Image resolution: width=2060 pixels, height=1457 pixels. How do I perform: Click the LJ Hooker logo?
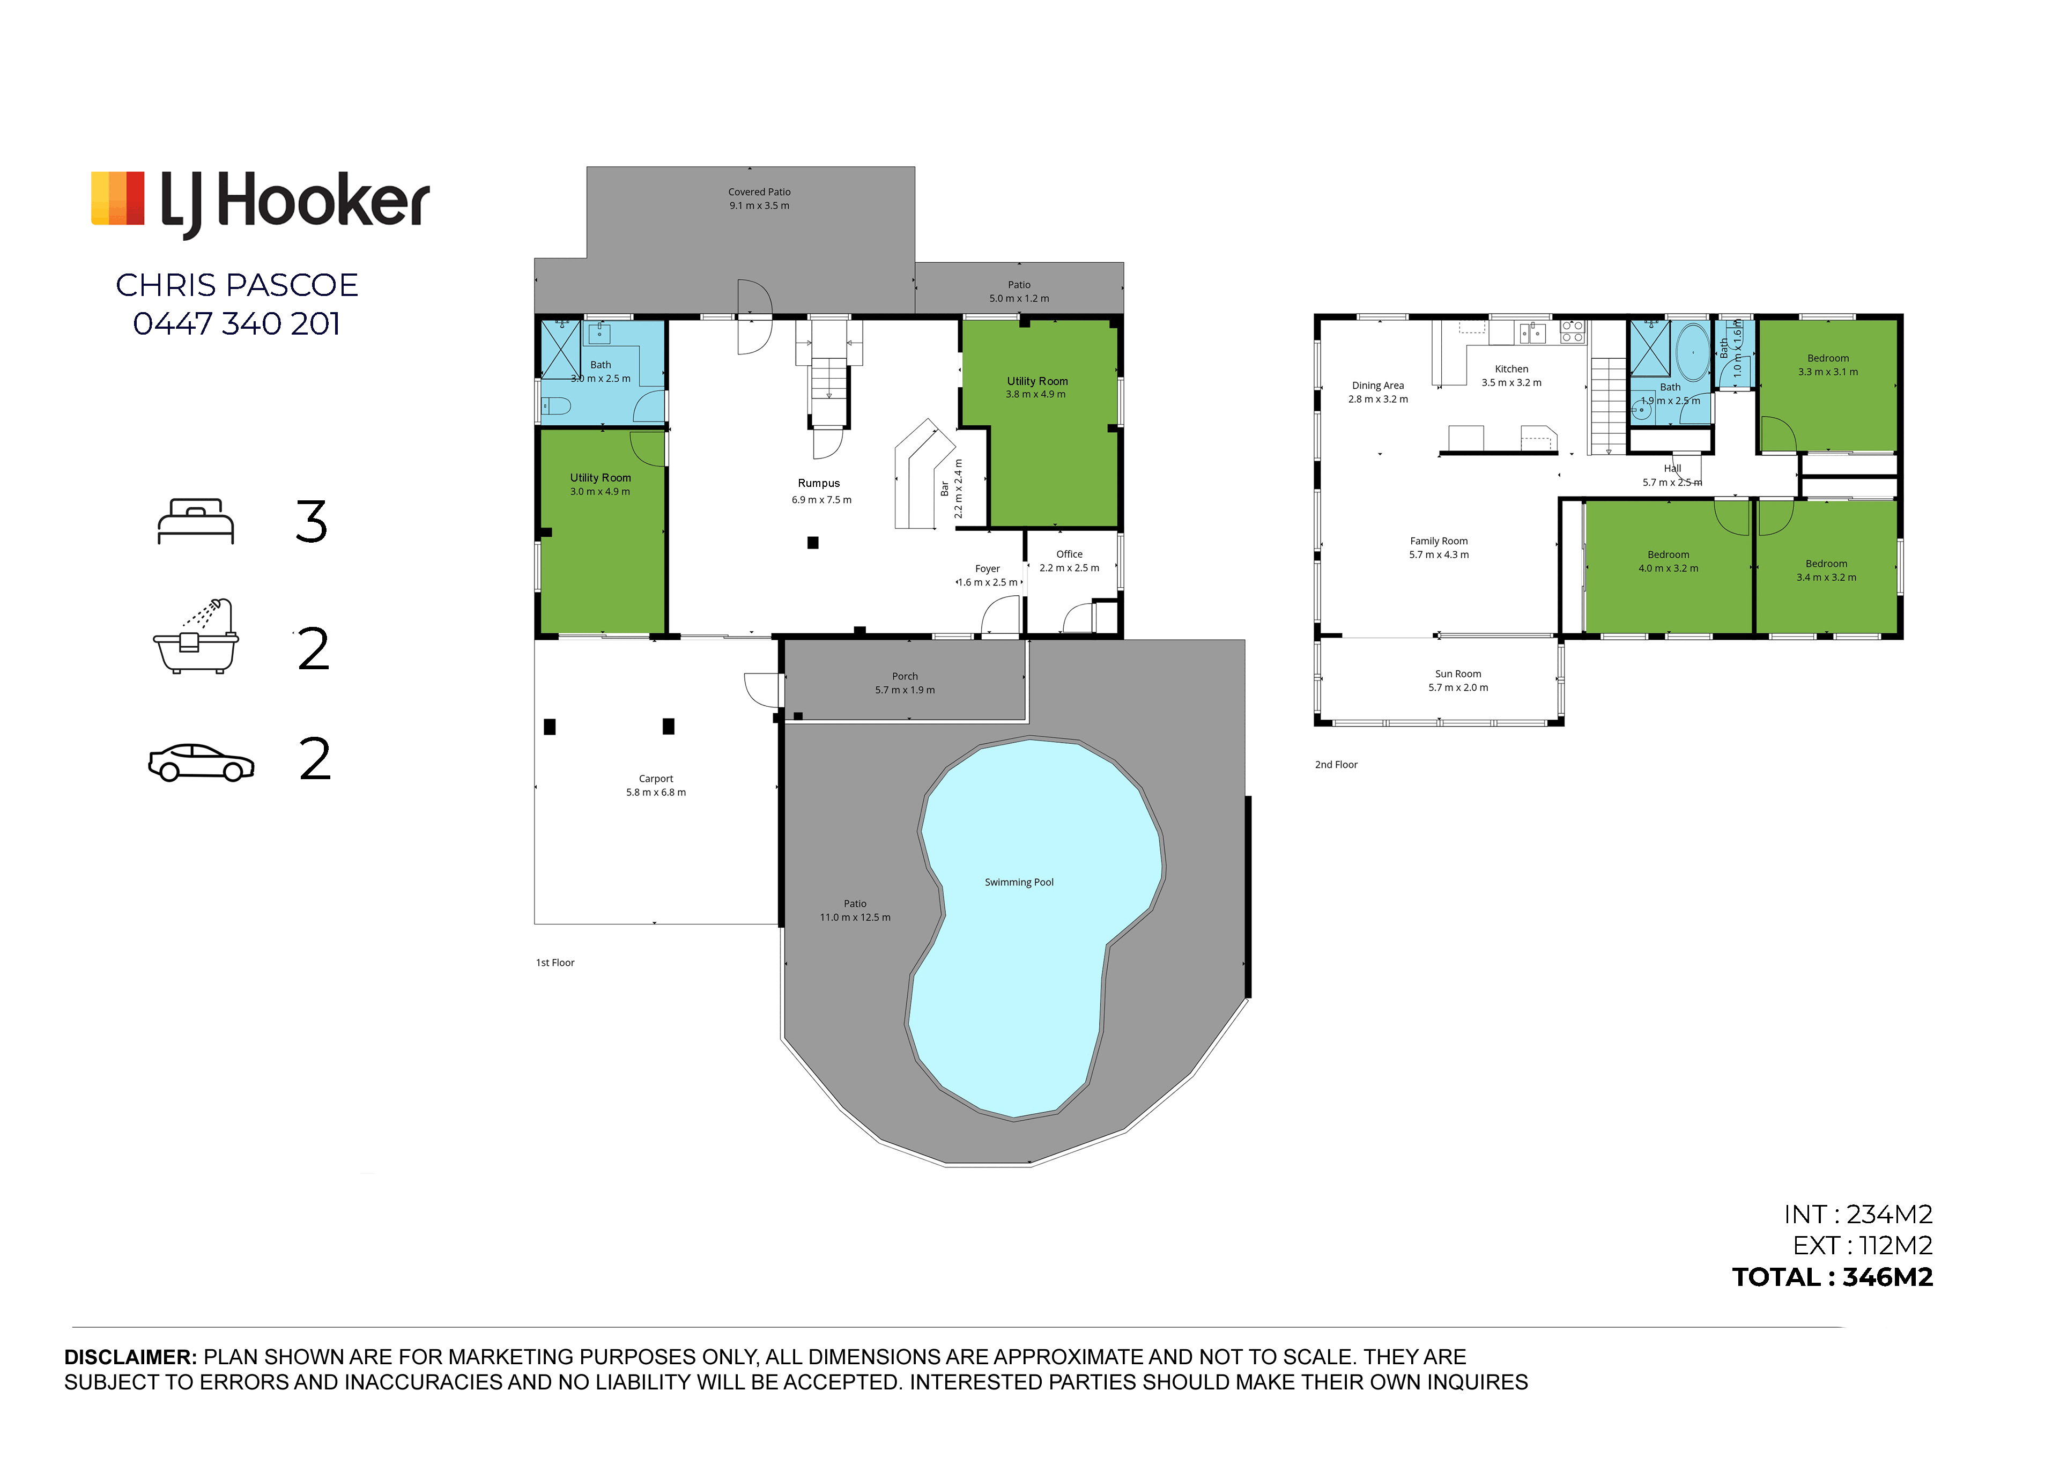tap(260, 203)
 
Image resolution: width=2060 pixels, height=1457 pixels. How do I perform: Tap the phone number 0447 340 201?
tap(237, 324)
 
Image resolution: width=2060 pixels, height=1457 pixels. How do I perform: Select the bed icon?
tap(196, 521)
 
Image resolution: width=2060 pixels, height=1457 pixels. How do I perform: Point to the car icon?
tap(201, 763)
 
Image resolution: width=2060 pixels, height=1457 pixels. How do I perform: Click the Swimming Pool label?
tap(1019, 883)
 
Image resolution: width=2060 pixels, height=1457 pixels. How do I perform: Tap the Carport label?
tap(656, 779)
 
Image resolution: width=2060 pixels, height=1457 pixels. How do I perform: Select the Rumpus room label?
tap(819, 484)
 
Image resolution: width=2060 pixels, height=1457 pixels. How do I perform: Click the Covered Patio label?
tap(759, 192)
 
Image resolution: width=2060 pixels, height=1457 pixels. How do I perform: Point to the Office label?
tap(1070, 554)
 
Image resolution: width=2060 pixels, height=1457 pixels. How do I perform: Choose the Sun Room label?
tap(1458, 674)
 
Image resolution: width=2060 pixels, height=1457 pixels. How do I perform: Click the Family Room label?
tap(1439, 541)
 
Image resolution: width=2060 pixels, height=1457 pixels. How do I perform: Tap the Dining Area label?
tap(1378, 386)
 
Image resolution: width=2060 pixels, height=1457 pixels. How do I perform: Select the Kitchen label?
tap(1512, 369)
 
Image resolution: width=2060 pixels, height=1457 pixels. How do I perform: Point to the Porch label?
tap(905, 676)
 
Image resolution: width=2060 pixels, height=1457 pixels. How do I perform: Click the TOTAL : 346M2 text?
tap(1833, 1277)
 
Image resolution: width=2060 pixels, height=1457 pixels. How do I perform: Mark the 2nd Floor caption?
tap(1336, 765)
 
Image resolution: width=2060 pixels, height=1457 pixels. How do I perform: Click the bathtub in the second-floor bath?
tap(1693, 353)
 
